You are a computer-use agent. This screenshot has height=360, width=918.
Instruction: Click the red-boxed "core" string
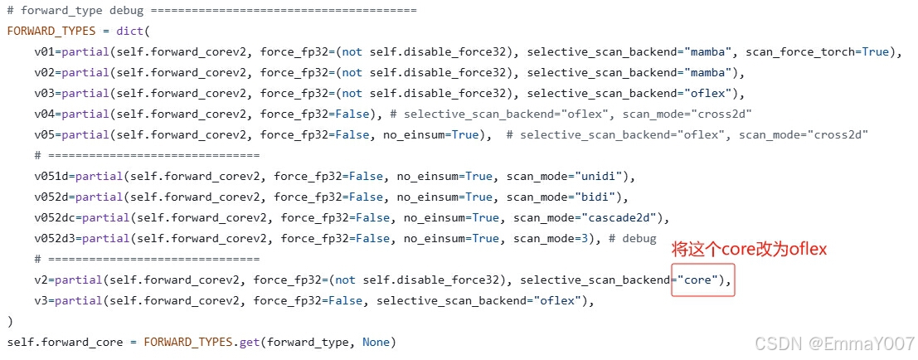coord(698,280)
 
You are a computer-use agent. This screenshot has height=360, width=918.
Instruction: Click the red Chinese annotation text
coord(749,249)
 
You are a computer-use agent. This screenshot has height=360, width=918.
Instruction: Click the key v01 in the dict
coord(45,51)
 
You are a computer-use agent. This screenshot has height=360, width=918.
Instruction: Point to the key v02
coord(45,72)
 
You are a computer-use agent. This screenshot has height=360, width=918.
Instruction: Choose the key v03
coord(45,93)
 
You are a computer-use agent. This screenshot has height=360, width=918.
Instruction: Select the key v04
coord(45,114)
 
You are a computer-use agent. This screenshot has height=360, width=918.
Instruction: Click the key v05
coord(45,134)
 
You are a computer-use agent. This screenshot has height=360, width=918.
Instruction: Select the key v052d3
coord(55,238)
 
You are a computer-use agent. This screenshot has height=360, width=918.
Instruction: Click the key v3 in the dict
coord(41,300)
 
